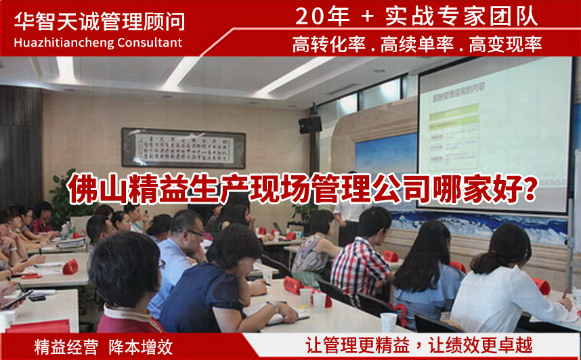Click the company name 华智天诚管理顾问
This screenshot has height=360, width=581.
[99, 20]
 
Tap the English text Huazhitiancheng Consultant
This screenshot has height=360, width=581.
[98, 43]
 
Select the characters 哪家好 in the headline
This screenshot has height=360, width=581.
[475, 187]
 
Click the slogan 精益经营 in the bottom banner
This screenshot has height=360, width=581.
[66, 347]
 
